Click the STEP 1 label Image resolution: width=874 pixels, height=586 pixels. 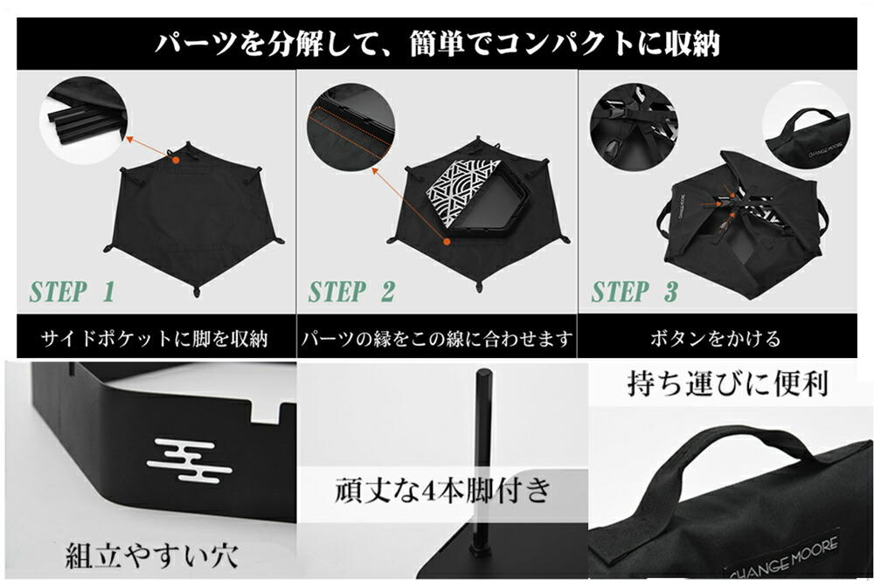coord(72,292)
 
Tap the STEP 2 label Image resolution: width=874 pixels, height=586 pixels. coord(351,292)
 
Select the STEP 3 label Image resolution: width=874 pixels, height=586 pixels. coord(635,292)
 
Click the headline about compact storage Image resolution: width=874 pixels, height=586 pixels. coord(437,44)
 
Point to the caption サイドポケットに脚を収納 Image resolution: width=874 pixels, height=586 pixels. coord(155,338)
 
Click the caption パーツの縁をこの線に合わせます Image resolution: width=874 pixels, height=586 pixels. coord(437,338)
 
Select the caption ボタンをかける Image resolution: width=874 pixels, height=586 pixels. coord(716,338)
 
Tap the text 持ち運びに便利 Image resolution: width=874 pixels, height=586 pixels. coord(727,383)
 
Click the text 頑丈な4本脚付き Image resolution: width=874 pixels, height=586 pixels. coord(443,490)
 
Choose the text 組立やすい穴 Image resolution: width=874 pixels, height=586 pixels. coord(151,555)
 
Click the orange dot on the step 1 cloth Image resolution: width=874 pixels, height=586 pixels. coord(175,160)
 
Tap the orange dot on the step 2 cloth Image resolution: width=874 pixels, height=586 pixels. coord(447,241)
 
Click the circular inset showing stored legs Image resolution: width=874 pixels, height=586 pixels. coord(84,121)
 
